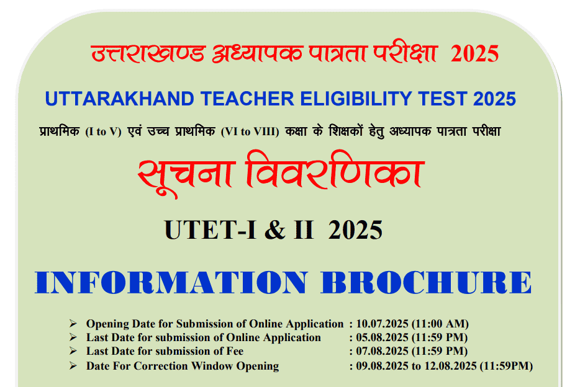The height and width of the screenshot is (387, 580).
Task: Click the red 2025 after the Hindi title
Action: (x=475, y=55)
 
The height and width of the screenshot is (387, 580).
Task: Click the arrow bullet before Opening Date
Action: (x=73, y=324)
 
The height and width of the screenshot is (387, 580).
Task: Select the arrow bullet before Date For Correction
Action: (x=73, y=366)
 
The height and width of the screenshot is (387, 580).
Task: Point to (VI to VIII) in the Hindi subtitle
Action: (x=250, y=131)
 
